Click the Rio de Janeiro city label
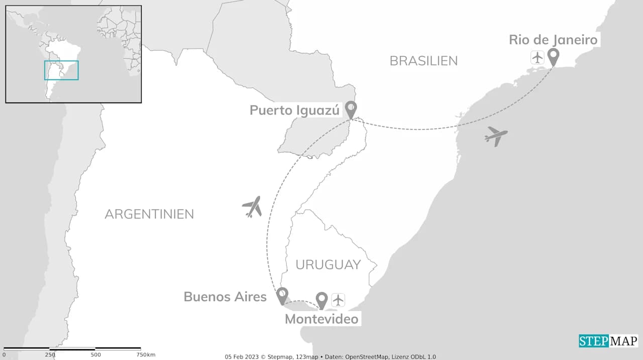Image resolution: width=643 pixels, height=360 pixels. tap(553, 40)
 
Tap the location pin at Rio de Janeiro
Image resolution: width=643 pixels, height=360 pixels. tap(553, 57)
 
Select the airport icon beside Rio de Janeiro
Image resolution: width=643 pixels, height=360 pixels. tap(538, 57)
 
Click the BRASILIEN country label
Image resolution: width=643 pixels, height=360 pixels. tap(423, 61)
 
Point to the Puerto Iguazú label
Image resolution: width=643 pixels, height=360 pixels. tap(294, 110)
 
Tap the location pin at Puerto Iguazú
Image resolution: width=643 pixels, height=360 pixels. tap(351, 109)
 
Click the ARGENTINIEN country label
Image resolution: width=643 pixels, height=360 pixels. tap(149, 214)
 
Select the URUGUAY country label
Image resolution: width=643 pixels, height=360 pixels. tap(328, 265)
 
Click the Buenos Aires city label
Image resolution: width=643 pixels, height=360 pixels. tap(225, 297)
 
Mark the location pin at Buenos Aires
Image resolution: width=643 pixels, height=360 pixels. tap(282, 295)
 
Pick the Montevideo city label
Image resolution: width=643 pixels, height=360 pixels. tap(321, 319)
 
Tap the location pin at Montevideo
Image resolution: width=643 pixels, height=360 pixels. tap(321, 300)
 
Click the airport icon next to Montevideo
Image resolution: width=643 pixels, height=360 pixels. tap(339, 300)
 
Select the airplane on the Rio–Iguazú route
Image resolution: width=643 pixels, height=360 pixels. tap(496, 136)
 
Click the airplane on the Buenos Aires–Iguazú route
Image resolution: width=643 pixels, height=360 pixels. tap(252, 206)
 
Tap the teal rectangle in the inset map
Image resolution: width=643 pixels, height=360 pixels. tap(61, 70)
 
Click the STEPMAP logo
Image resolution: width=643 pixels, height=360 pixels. tap(608, 341)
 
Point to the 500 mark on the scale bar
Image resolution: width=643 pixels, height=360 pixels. tap(95, 354)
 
